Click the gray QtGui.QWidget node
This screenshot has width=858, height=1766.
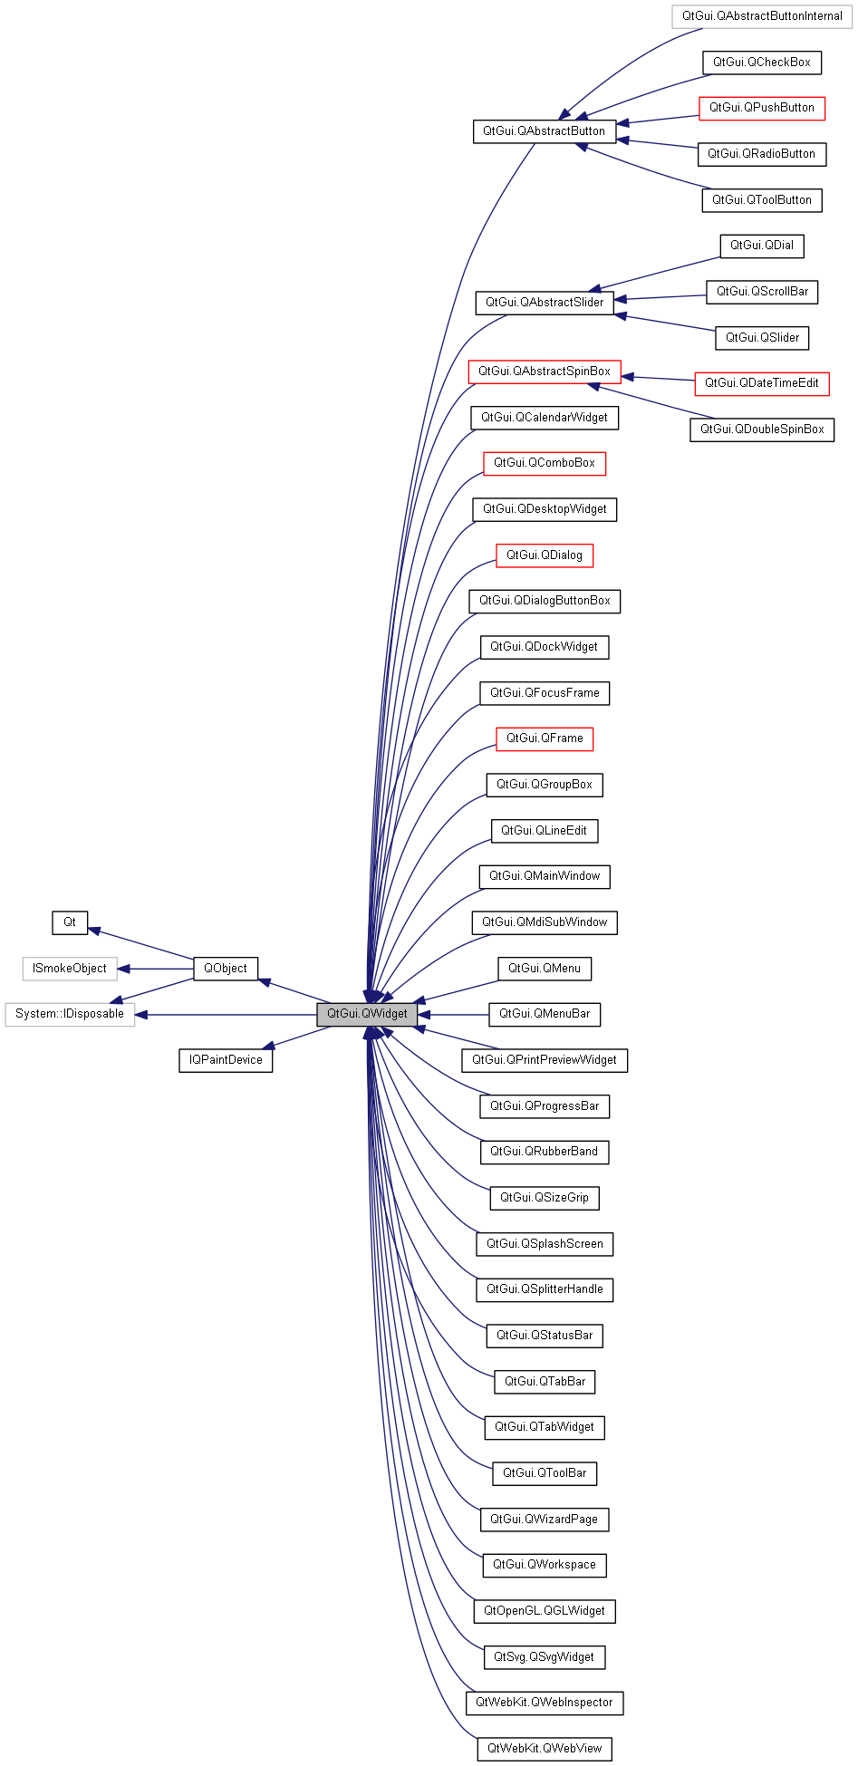coord(367,1014)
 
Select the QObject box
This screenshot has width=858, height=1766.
coord(226,969)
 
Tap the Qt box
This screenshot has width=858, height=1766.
coord(70,922)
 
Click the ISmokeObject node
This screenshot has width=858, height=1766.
coord(70,969)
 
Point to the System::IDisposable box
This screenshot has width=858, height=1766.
coord(70,1014)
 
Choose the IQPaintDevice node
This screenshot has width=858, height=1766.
coord(226,1060)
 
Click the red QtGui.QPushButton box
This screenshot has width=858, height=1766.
coord(762,108)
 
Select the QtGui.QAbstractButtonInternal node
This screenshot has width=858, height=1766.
coord(762,16)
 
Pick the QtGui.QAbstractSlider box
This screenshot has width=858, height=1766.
coord(545,303)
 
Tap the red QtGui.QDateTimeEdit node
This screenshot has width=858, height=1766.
coord(762,383)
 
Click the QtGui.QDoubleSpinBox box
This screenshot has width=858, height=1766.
coord(762,429)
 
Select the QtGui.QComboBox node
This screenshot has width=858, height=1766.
coord(545,463)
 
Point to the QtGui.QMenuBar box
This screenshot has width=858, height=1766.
coord(545,1014)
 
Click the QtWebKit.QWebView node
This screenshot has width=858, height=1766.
coord(545,1749)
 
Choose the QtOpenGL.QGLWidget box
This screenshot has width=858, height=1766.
coord(545,1611)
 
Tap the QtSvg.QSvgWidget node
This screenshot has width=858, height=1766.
coord(545,1657)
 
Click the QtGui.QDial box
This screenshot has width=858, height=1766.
coord(762,246)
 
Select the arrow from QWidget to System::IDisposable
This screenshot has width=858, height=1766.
coord(227,1015)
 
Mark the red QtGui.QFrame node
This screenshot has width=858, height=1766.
coord(545,738)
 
